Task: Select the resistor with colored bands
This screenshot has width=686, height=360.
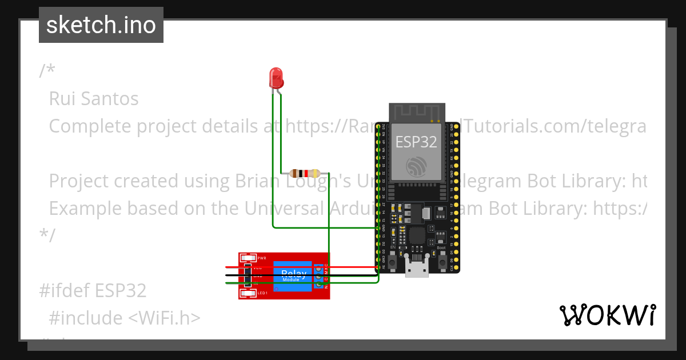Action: coord(304,173)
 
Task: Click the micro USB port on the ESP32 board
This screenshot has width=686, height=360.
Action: coord(416,269)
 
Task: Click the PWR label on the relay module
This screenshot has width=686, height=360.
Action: coord(262,258)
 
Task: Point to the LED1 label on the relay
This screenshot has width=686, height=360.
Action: coord(262,293)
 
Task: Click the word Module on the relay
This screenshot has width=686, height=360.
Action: coord(290,280)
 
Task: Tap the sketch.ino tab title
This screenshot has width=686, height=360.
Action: coord(101,25)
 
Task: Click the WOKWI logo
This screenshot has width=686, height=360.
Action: coord(607,315)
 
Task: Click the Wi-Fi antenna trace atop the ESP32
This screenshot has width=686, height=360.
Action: coord(416,113)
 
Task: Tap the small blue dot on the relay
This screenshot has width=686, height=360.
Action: coord(276,289)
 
